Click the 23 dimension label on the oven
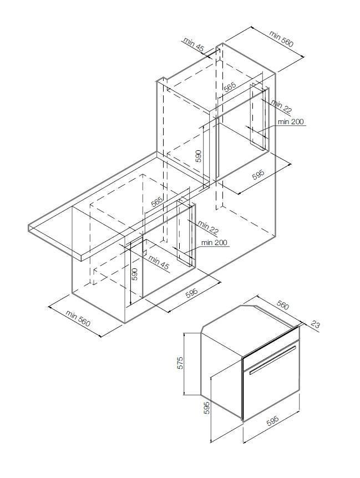point(316,326)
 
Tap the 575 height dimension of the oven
point(180,363)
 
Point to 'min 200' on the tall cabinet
point(291,122)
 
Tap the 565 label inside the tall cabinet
point(230,87)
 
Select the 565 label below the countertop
point(157,202)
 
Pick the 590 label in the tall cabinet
point(199,156)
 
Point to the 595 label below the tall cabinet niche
point(258,174)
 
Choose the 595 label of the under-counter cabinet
point(191,292)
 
